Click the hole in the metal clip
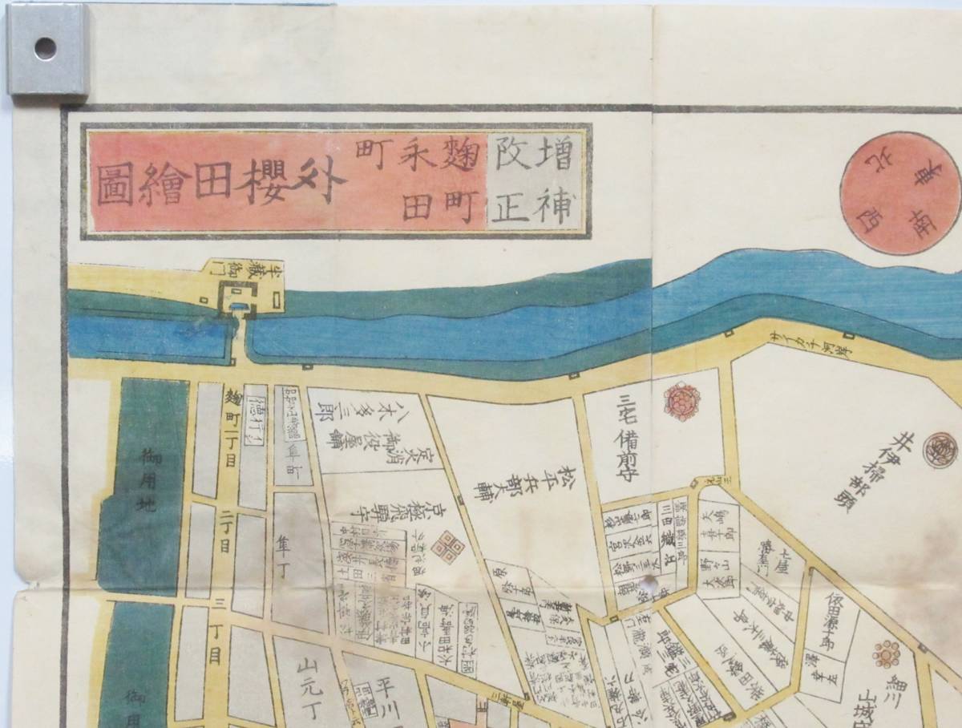(x=46, y=48)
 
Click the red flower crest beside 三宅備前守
(x=682, y=401)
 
